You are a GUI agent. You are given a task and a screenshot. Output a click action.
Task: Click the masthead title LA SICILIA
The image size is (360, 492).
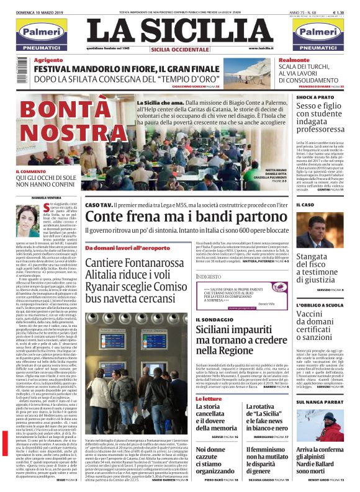180,30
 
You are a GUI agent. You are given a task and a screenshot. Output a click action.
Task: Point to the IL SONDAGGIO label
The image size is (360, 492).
214,321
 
